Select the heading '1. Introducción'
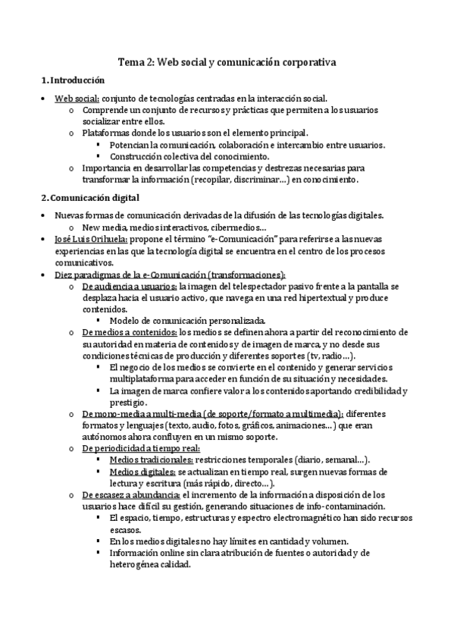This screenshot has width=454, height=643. click(73, 80)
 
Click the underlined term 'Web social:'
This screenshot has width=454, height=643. click(77, 99)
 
